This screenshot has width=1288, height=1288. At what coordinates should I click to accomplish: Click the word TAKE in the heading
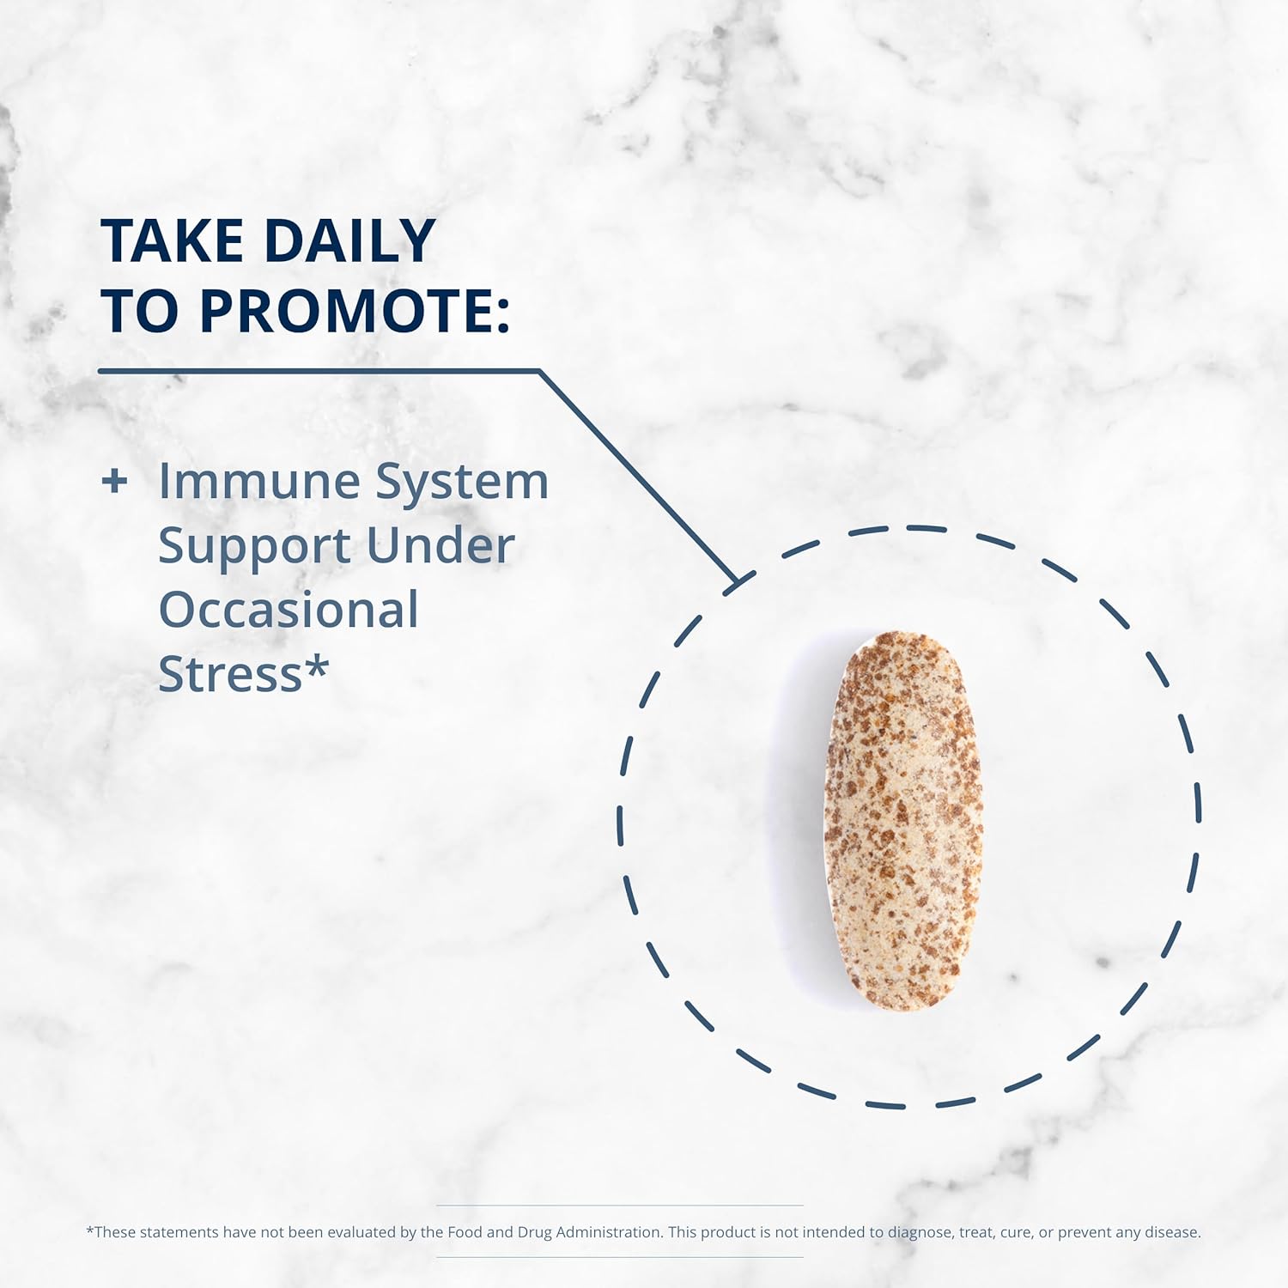pos(172,240)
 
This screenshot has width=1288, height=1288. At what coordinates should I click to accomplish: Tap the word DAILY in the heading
pos(350,240)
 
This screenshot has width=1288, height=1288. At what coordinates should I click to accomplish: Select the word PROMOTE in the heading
pos(344,310)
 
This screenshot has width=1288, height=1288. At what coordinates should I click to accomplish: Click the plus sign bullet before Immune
pos(114,481)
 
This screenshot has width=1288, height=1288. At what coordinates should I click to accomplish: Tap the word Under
pos(440,545)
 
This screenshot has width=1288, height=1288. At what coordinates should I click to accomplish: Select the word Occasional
pos(289,610)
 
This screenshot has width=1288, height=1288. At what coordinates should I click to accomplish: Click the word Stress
pos(230,675)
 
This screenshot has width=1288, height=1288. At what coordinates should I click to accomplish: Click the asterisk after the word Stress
pos(318,665)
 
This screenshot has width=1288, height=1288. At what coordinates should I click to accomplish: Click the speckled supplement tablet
pos(903,821)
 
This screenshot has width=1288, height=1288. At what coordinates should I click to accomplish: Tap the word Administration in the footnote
pos(608,1232)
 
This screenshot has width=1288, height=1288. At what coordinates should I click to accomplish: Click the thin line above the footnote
pos(620,1206)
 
